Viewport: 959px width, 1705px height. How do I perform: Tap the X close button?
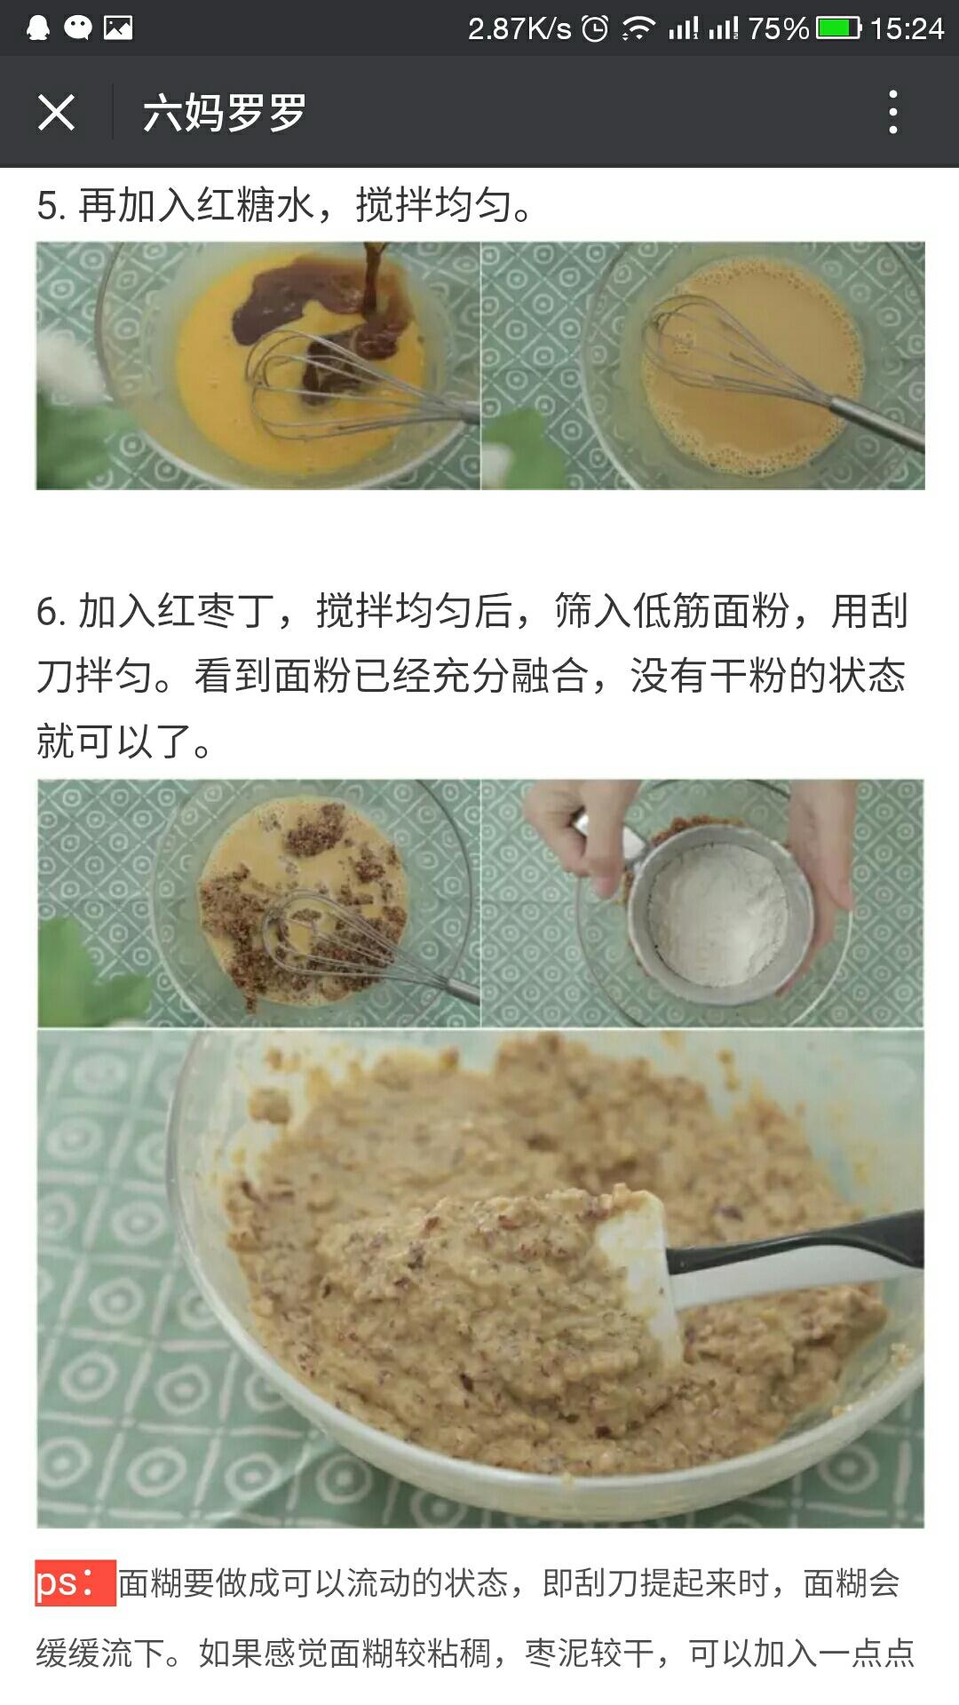[x=56, y=113]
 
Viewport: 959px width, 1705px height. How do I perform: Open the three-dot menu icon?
[x=892, y=113]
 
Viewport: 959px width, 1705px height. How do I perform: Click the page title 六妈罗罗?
[x=224, y=113]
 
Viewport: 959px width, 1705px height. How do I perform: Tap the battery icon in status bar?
[x=838, y=28]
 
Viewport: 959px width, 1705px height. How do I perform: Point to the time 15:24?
[x=906, y=28]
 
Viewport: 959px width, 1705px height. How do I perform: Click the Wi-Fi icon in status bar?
[x=638, y=28]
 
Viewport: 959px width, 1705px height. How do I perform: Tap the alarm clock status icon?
[x=595, y=28]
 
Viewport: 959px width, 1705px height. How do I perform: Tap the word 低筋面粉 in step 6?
[x=710, y=612]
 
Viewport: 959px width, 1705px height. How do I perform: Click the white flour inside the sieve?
[x=719, y=915]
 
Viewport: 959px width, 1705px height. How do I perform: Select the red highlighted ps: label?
[x=75, y=1582]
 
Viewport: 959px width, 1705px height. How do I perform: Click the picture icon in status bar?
[x=118, y=28]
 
